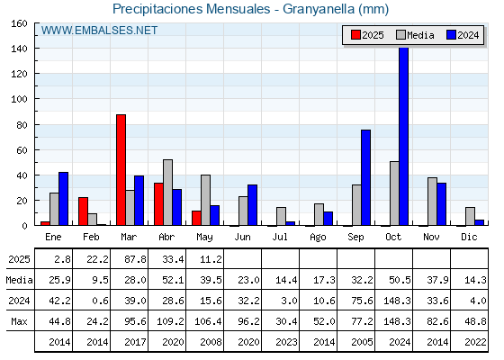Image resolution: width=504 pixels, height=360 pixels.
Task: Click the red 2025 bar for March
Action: (121, 170)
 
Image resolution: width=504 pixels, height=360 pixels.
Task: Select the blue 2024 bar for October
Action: (404, 136)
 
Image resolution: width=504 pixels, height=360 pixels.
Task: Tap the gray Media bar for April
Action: (167, 193)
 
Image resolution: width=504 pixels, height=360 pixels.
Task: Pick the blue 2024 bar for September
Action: (365, 177)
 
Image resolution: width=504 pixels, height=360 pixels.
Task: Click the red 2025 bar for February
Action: (83, 211)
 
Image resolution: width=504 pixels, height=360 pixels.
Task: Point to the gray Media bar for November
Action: (432, 202)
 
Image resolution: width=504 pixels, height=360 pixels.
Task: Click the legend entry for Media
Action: (415, 35)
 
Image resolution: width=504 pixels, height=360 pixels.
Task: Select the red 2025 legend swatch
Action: (355, 35)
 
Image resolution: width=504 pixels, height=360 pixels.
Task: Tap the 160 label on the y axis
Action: (19, 23)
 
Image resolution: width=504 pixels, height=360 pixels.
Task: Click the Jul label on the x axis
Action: (280, 237)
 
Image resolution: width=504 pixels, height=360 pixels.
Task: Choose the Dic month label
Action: (469, 237)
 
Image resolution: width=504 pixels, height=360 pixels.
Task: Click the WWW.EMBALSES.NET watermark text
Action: (99, 31)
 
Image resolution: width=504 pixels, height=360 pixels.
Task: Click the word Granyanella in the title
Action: (319, 9)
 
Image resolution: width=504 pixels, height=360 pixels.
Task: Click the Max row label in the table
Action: (19, 321)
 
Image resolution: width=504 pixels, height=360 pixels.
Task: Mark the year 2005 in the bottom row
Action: (362, 342)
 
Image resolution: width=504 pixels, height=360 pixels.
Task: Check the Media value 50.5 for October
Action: (400, 280)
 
